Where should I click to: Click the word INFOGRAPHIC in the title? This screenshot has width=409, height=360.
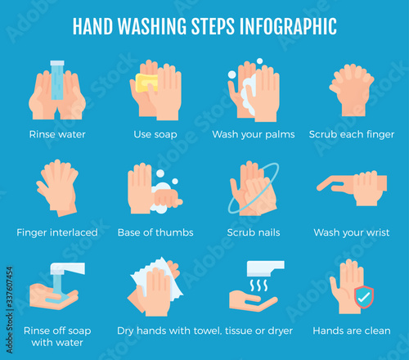pyautogui.click(x=288, y=26)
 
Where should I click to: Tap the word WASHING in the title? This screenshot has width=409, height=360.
pyautogui.click(x=152, y=26)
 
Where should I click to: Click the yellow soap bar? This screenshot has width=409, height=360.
pyautogui.click(x=146, y=83)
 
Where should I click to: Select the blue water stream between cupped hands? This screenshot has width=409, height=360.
pyautogui.click(x=57, y=80)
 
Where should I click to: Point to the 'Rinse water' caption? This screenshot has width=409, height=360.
pyautogui.click(x=57, y=134)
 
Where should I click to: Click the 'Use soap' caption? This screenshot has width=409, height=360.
pyautogui.click(x=155, y=134)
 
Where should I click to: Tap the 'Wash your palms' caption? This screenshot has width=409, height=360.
pyautogui.click(x=254, y=134)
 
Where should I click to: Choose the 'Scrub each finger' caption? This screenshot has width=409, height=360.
pyautogui.click(x=352, y=134)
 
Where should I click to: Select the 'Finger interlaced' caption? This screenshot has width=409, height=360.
pyautogui.click(x=57, y=232)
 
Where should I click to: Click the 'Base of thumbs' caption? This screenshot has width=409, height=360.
pyautogui.click(x=155, y=232)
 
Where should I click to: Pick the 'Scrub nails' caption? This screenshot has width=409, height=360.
pyautogui.click(x=254, y=232)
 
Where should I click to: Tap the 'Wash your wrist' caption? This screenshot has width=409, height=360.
pyautogui.click(x=352, y=232)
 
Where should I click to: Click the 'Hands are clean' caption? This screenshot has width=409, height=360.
pyautogui.click(x=352, y=331)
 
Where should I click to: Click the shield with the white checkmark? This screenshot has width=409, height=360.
pyautogui.click(x=364, y=297)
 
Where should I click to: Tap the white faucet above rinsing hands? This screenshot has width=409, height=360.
pyautogui.click(x=68, y=268)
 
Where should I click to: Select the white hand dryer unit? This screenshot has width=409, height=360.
pyautogui.click(x=265, y=268)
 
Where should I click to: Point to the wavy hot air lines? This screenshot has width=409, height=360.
pyautogui.click(x=258, y=286)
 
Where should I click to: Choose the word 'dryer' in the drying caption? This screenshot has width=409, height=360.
pyautogui.click(x=281, y=331)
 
